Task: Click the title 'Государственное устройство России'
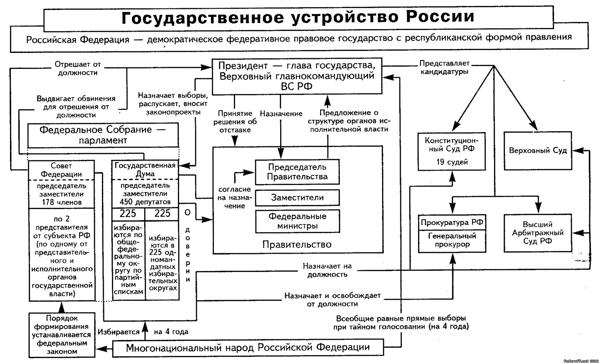point(298,17)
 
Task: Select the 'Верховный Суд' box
point(538,151)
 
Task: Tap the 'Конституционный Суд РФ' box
point(451,151)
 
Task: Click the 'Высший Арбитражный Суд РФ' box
point(538,233)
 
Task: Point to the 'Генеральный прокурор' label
point(452,240)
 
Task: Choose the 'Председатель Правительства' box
point(297,172)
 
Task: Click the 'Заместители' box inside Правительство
point(297,197)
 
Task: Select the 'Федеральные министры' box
point(297,221)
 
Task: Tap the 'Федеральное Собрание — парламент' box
point(103,135)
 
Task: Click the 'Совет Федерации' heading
point(61,170)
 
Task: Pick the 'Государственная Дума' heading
point(145,169)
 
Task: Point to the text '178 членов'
point(62,202)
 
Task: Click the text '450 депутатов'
point(145,202)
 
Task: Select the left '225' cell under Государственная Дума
point(128,214)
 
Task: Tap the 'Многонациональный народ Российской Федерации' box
point(248,347)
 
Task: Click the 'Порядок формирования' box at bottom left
point(62,335)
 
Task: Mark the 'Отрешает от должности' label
point(78,69)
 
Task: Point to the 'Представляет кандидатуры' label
point(444,67)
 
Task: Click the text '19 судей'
point(452,162)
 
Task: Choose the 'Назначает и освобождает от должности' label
point(332,300)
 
